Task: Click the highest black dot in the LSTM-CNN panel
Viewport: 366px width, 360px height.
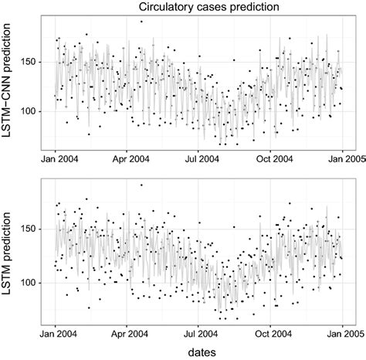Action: click(141, 22)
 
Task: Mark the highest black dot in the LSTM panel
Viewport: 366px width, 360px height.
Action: click(141, 185)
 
